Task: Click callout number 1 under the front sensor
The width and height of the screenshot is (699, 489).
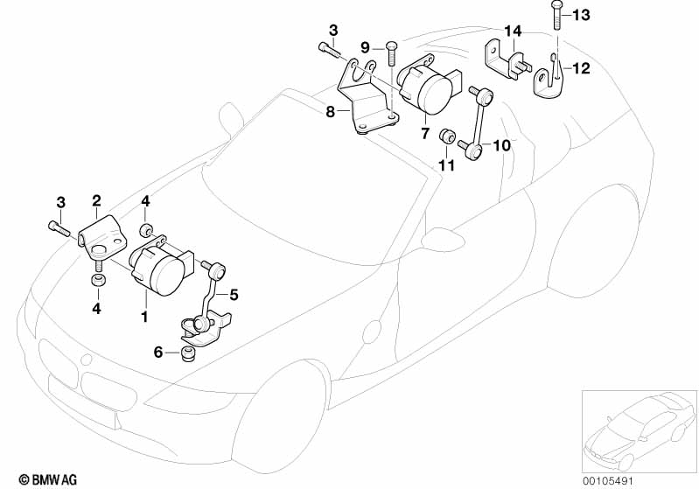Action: click(144, 317)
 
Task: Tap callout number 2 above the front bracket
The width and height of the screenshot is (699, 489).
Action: click(97, 200)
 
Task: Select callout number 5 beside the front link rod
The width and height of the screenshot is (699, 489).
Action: click(234, 295)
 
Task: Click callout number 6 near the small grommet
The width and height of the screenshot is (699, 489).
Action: click(158, 353)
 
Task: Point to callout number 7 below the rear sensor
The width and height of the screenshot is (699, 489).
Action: click(425, 133)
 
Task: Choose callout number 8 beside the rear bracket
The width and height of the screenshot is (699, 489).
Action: click(330, 111)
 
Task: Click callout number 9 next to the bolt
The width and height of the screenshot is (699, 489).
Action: click(365, 47)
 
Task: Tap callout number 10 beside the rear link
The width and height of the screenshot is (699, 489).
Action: click(501, 145)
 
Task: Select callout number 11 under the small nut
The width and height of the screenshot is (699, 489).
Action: click(447, 166)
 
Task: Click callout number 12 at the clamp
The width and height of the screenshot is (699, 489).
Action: click(581, 68)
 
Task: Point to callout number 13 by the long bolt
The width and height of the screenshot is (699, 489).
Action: click(581, 15)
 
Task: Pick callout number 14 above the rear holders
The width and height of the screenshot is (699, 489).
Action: click(513, 31)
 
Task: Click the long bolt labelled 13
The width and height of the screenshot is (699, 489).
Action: click(556, 15)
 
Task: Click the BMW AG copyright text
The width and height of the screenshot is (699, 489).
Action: click(48, 479)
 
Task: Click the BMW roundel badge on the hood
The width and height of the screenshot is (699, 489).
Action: click(87, 360)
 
